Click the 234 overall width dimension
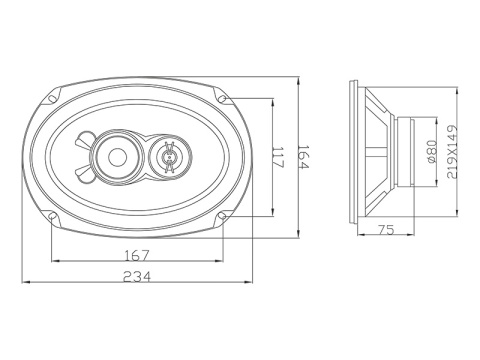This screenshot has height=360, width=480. tap(137, 277)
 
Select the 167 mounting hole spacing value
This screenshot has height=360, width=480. tap(137, 256)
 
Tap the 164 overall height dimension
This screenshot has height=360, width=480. tap(303, 157)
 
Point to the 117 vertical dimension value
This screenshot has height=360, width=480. tap(278, 158)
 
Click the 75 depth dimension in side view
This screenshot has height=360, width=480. tap(386, 229)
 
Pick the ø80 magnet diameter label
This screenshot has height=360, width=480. tap(432, 152)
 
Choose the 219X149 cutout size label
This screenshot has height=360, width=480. tap(452, 152)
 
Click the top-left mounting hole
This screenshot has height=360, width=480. tap(52, 99)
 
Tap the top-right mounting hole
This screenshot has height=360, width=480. tap(223, 98)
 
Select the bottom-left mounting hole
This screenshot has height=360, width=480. tap(52, 216)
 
